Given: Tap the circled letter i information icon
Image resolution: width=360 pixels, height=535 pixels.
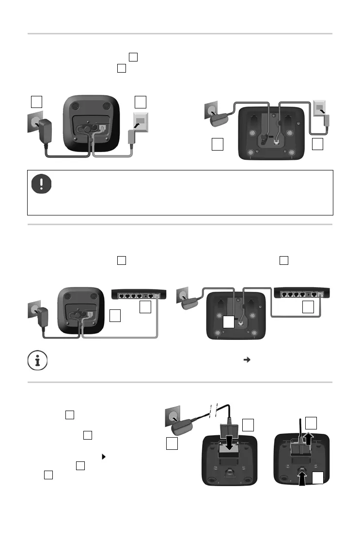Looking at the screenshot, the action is coord(33,360).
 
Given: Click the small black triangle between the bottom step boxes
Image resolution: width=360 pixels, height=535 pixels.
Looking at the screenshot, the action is coord(104,456).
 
